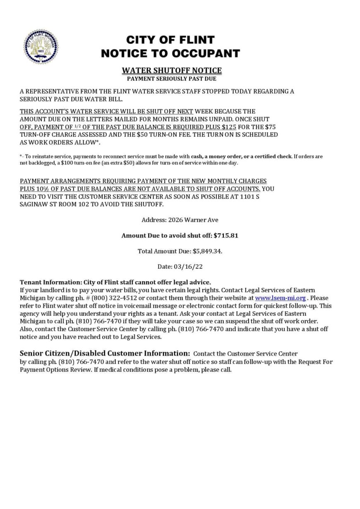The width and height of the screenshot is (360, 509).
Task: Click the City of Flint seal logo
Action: pyautogui.click(x=41, y=46)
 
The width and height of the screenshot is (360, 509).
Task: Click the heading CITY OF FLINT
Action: pyautogui.click(x=170, y=40)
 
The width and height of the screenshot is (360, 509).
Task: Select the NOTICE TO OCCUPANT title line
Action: pyautogui.click(x=170, y=53)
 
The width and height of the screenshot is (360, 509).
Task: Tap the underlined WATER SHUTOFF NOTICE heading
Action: pyautogui.click(x=172, y=70)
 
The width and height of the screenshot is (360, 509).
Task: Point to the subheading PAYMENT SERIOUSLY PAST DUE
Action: pyautogui.click(x=171, y=79)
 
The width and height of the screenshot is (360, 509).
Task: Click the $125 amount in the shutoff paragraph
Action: pyautogui.click(x=229, y=127)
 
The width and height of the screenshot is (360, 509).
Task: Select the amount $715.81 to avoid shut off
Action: pyautogui.click(x=226, y=235)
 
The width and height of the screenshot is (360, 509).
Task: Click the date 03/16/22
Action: pyautogui.click(x=191, y=266)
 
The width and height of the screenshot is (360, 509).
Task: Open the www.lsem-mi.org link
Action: pyautogui.click(x=280, y=298)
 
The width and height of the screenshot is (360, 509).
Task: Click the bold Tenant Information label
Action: pyautogui.click(x=50, y=282)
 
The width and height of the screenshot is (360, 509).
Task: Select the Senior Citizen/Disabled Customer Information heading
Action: pyautogui.click(x=105, y=353)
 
